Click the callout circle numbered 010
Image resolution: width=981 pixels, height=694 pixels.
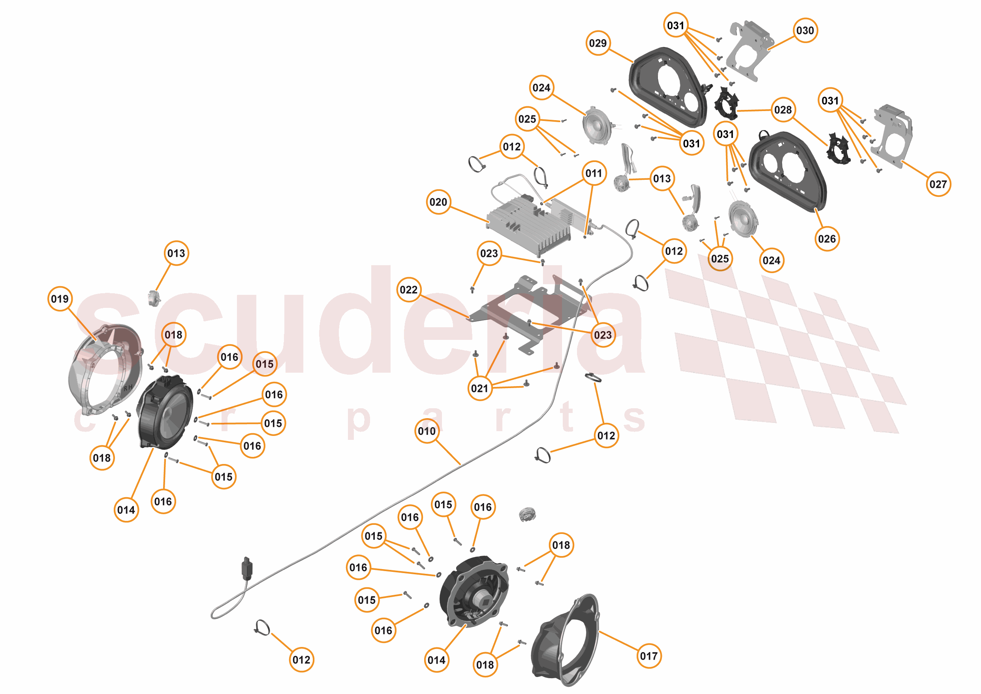coord(427,431)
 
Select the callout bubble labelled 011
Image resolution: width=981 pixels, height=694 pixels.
coord(594,173)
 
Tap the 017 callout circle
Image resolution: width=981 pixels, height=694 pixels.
coord(648,656)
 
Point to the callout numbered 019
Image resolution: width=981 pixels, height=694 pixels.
coord(60,299)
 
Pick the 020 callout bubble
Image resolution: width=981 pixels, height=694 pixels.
coord(438,202)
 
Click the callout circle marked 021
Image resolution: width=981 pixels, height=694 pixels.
coord(479,388)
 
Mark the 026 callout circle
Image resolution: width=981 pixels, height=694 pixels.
coord(827,239)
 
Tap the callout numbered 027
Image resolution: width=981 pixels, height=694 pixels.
coord(938,184)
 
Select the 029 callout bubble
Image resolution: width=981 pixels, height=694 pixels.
coord(598,43)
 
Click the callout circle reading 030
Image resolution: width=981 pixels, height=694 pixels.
coord(805,30)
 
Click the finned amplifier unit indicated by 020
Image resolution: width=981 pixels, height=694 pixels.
coord(530,226)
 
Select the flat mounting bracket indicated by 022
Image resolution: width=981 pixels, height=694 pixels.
coord(530,312)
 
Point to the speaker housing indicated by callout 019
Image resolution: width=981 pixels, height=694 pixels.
coord(103,372)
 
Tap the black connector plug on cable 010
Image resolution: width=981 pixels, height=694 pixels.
coord(247,569)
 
